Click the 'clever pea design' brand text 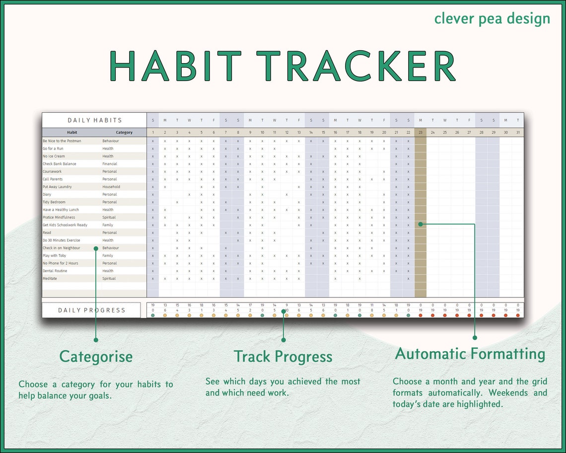[492, 19]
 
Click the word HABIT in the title [175, 66]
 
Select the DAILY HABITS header [94, 120]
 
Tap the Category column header [124, 133]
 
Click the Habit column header [72, 133]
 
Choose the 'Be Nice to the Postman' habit [62, 141]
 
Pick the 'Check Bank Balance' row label [60, 164]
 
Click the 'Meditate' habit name [50, 279]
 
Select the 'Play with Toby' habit [54, 256]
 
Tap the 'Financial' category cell [110, 164]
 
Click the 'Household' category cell [111, 187]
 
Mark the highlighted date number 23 [420, 133]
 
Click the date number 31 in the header [518, 133]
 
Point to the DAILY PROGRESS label [92, 310]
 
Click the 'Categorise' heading [96, 357]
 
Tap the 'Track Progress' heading [283, 357]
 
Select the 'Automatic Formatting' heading [470, 354]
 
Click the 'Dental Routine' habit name [55, 271]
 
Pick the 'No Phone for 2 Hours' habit [60, 263]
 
